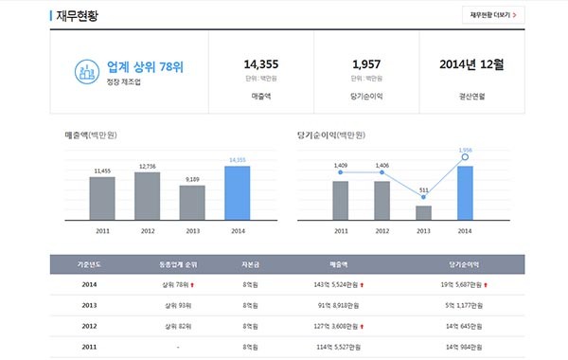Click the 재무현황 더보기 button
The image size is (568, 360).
(493, 15)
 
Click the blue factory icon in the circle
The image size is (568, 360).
(88, 70)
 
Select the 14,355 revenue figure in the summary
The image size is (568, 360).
(260, 63)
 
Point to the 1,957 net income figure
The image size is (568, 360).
(366, 63)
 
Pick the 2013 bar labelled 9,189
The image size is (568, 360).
(192, 202)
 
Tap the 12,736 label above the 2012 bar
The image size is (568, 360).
(147, 166)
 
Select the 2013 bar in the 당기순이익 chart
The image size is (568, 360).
(423, 212)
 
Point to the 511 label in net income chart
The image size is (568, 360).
(423, 189)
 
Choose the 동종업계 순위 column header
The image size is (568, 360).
(179, 264)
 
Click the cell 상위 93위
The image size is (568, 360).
(177, 305)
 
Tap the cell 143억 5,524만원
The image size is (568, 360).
(336, 284)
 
